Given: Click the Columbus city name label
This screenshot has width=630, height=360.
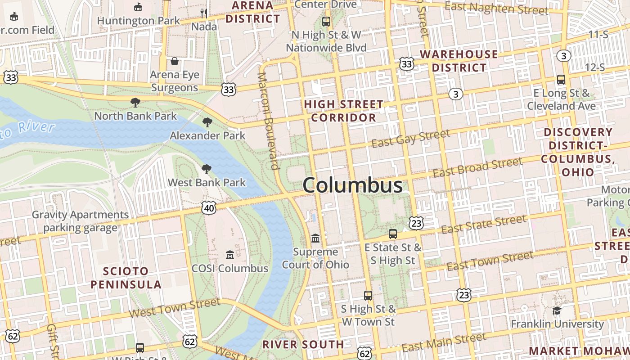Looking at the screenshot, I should tap(352, 185).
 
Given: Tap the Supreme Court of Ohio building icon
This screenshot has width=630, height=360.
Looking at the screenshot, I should tap(315, 238).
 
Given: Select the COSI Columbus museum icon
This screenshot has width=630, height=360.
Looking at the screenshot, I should tap(230, 255).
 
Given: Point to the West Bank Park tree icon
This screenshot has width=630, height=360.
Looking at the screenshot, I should tap(207, 169).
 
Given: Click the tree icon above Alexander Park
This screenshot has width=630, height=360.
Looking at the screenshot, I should tap(207, 122).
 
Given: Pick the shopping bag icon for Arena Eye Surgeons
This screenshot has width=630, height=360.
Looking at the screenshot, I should tap(175, 61).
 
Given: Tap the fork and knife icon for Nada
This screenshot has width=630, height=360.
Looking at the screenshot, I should tap(204, 13).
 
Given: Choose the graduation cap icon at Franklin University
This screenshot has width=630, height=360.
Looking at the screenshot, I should tap(557, 310).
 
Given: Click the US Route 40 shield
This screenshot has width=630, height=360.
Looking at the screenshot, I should tap(209, 208).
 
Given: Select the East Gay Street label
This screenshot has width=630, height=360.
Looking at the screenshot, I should tap(411, 138).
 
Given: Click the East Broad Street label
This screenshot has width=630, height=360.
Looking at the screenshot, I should tap(477, 167).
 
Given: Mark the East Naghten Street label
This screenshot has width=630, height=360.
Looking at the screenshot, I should tap(496, 8).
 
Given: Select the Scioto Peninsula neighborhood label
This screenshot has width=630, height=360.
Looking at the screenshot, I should tap(126, 278).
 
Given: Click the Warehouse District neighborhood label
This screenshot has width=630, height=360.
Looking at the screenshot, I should tap(459, 61).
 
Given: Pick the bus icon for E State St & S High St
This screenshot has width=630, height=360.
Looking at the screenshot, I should tap(393, 234).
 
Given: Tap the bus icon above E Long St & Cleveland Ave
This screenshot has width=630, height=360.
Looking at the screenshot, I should tap(561, 80).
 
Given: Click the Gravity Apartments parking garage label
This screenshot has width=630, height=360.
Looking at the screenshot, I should tap(80, 221).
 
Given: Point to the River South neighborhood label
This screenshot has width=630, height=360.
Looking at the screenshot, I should tap(303, 345).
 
